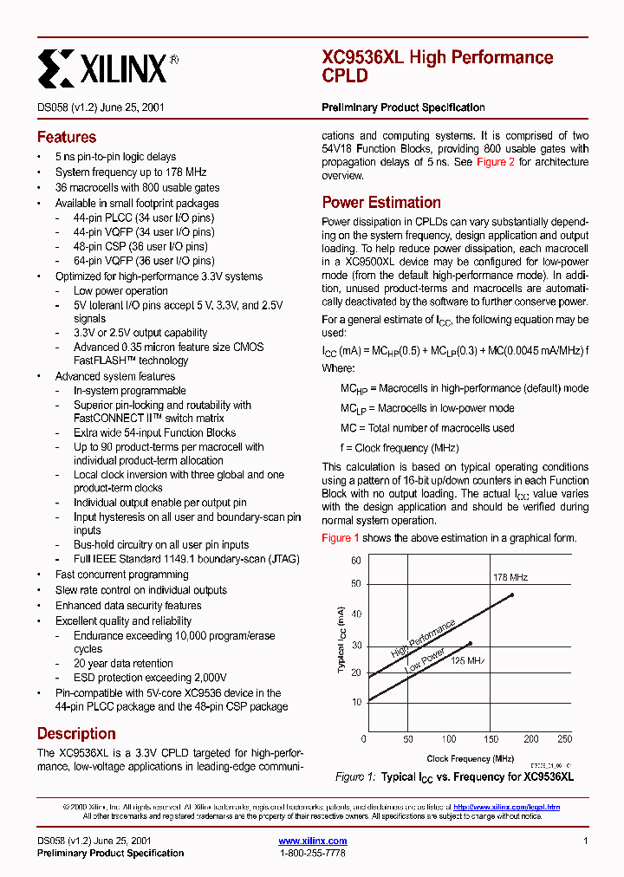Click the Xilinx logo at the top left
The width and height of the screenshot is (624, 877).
(107, 66)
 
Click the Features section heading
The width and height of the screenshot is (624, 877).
(66, 137)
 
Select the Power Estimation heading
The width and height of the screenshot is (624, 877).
(381, 202)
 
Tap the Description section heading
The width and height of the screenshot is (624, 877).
(76, 733)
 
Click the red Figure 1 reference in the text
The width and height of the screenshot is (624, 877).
(341, 537)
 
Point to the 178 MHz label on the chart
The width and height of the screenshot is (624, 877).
(510, 577)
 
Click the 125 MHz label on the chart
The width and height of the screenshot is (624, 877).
(467, 660)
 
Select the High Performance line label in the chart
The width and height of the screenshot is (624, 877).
(423, 639)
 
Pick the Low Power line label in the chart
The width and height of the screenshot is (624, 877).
(425, 663)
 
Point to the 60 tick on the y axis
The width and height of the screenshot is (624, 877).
(355, 561)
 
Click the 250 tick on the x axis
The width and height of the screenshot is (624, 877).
(564, 739)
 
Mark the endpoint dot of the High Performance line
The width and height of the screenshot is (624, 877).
(512, 594)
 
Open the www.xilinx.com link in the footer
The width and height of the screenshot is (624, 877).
(312, 841)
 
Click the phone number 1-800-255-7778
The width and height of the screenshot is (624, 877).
(312, 853)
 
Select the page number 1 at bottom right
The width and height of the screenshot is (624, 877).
(586, 841)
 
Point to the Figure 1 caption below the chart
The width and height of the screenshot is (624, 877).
(454, 776)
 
